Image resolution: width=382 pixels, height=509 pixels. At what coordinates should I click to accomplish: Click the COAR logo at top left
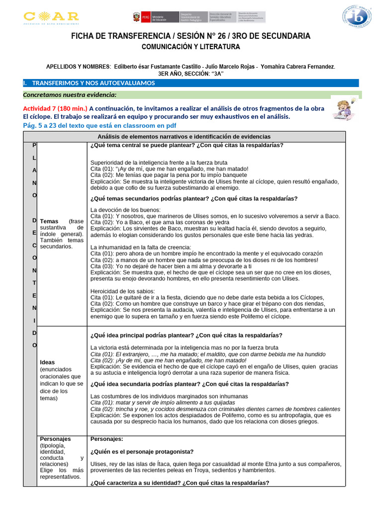tap(51, 17)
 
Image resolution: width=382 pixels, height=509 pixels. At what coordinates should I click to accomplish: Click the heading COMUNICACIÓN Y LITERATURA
tap(191, 47)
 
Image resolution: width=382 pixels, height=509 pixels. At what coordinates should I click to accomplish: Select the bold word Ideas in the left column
tap(48, 362)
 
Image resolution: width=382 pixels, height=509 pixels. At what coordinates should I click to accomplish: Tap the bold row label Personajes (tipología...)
tap(55, 439)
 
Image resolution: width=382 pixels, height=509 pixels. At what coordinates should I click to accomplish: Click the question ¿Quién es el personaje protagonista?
tap(142, 451)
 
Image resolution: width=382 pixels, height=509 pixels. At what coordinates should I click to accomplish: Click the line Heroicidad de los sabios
tap(123, 291)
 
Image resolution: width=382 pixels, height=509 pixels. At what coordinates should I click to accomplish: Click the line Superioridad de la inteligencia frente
tap(159, 162)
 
